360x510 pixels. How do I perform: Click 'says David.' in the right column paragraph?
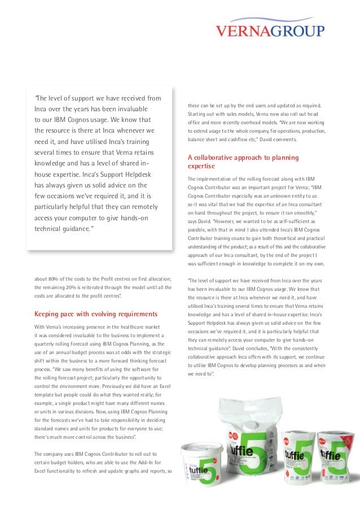pos(201,221)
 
